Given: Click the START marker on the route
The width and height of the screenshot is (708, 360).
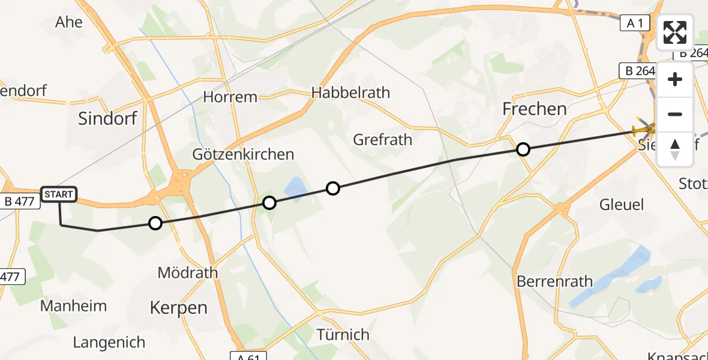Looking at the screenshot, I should coord(59,194).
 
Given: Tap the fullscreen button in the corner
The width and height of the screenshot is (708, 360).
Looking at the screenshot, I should coord(676,32).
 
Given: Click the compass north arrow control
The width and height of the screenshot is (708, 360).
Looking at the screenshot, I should coord(676,149).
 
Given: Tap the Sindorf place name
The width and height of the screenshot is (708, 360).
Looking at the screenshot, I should coord(108,119).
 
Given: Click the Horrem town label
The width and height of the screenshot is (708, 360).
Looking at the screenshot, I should coord(230,97).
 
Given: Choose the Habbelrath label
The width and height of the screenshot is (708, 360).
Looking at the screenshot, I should coord(350,93).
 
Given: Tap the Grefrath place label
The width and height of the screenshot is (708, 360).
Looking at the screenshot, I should coord(383,140).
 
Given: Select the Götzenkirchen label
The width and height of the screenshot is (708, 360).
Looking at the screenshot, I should coord(243,155).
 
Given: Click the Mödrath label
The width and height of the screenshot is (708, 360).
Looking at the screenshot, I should coord(187,273).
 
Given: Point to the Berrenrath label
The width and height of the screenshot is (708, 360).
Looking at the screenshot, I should coord(554,281).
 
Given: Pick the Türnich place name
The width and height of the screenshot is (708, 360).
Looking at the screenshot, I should coord(343,334).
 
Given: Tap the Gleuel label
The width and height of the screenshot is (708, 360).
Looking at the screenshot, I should coord(622,205).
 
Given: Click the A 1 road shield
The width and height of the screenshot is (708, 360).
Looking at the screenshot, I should coord(635,23).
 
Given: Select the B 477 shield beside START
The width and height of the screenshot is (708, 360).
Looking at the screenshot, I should coord(20,202).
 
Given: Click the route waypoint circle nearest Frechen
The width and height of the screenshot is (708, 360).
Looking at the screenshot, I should coord(523,149).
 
